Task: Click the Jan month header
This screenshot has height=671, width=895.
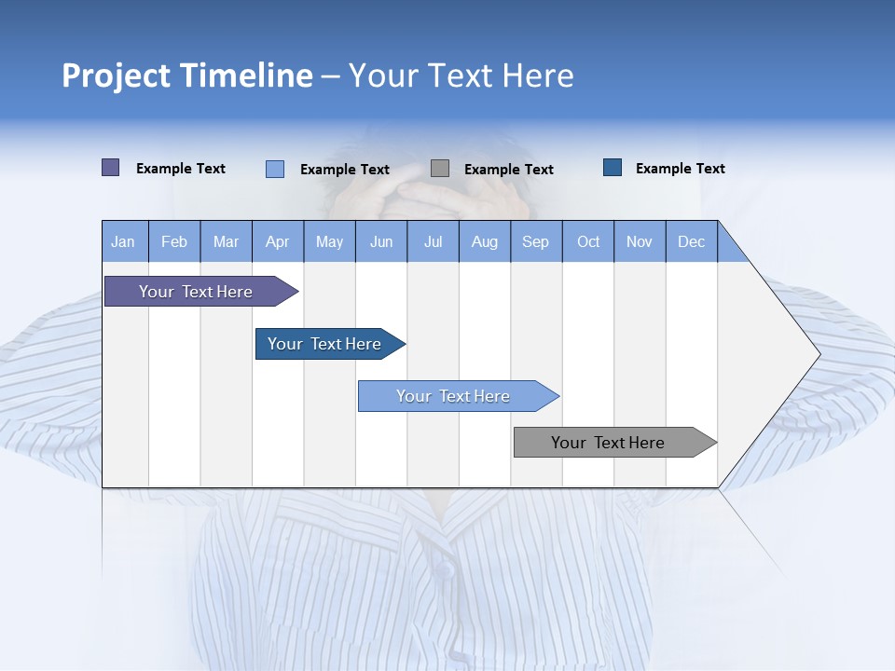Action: [123, 241]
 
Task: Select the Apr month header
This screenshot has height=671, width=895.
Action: [278, 241]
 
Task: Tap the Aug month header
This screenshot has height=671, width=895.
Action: [485, 241]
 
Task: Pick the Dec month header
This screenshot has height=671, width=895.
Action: [692, 241]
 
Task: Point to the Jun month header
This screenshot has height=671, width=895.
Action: [381, 241]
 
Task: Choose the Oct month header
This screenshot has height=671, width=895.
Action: [588, 241]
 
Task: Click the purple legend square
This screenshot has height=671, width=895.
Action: [111, 168]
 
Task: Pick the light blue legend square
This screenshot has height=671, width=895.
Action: [275, 169]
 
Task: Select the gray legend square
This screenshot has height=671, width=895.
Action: [440, 168]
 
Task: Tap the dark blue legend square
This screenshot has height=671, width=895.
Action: [613, 168]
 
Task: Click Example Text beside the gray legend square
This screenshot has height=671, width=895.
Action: [509, 170]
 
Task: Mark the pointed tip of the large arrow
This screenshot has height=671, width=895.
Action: [819, 354]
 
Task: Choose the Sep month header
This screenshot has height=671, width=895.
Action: [536, 241]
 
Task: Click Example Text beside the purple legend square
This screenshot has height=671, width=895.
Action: [181, 169]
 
